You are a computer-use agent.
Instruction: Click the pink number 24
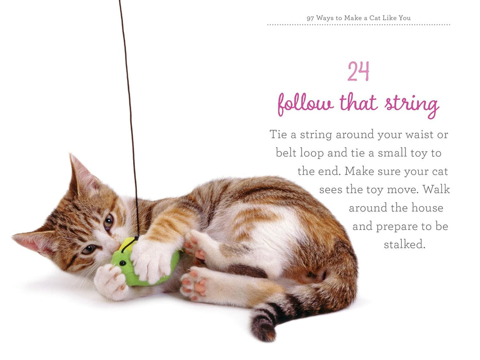pos(358,72)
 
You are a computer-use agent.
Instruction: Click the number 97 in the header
pos(310,18)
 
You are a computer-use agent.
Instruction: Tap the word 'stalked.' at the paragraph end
pos(405,245)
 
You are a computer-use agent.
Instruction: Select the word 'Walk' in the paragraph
pos(436,190)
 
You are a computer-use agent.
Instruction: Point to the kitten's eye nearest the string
pos(109,222)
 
